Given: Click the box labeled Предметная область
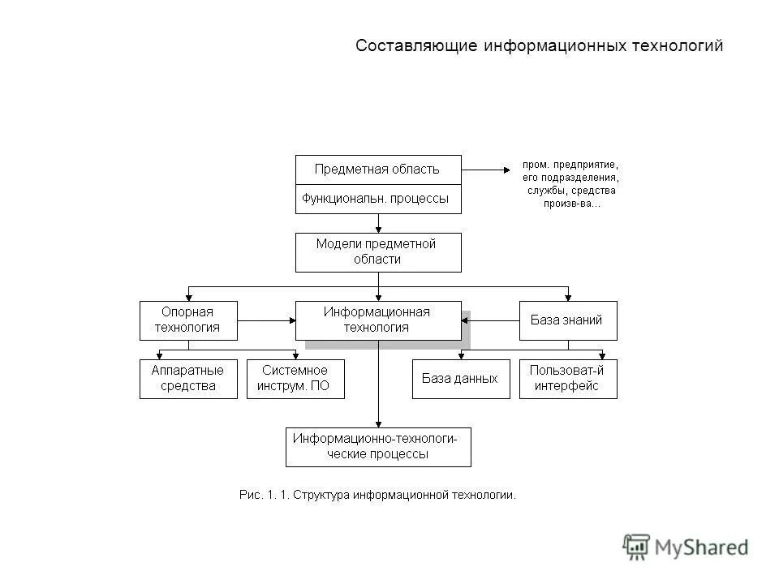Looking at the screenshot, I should (377, 170).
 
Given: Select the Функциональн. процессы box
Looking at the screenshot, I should (377, 199).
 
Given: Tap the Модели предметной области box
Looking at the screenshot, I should (377, 252).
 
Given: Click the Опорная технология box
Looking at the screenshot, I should (188, 320).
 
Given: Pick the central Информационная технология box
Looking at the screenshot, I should (377, 320).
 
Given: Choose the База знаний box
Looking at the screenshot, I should (567, 320).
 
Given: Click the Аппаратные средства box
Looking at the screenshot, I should (188, 379).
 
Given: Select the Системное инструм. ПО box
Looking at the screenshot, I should (295, 379).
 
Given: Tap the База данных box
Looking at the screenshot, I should (460, 379).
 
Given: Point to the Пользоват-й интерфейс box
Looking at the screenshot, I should (567, 379).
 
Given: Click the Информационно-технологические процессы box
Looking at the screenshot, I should (377, 447).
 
